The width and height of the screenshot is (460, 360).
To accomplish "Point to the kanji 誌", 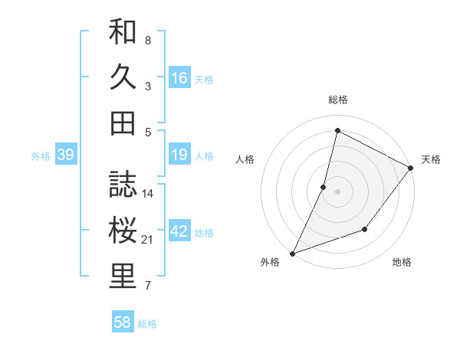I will (x=123, y=185).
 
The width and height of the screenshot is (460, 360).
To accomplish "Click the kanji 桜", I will (x=123, y=231).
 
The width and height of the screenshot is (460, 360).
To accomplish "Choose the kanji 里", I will (x=123, y=277).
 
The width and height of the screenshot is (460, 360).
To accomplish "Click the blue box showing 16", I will (x=179, y=78).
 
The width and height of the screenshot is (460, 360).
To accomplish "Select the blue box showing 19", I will (x=179, y=155).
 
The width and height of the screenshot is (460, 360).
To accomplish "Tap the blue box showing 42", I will (x=179, y=231).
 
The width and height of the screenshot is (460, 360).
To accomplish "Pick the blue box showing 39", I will (x=65, y=155).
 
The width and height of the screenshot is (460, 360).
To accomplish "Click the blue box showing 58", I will (x=123, y=322).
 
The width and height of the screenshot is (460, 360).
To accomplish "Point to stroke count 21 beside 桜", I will (x=148, y=241).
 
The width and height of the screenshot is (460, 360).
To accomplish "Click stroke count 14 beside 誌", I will (x=148, y=194).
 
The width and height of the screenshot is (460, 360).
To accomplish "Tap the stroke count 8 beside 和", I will (x=148, y=40).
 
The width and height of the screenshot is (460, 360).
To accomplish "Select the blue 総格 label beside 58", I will (x=148, y=324).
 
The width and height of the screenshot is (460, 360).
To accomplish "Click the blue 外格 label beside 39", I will (x=41, y=156).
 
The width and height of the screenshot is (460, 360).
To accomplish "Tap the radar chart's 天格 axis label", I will (x=431, y=159).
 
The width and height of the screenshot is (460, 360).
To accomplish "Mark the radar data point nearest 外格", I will (x=293, y=253).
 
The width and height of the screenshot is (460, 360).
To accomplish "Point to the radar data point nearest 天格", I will (x=412, y=168).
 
